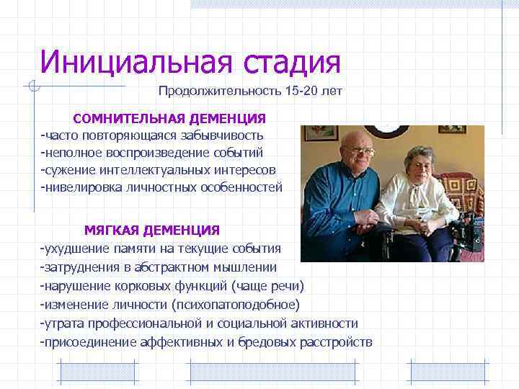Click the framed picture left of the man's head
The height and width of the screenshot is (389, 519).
click(x=321, y=133)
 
